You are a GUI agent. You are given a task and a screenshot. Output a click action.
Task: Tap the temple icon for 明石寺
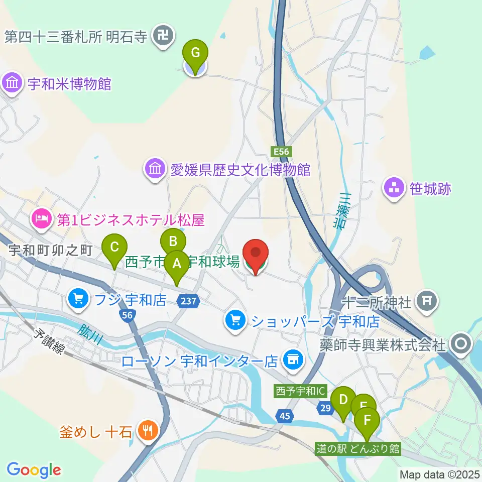(164, 36)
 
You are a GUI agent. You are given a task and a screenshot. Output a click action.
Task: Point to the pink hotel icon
(40, 218)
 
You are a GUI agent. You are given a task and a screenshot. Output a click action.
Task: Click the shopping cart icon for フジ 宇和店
(78, 300)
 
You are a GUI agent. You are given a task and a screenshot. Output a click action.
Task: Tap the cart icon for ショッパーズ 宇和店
(234, 320)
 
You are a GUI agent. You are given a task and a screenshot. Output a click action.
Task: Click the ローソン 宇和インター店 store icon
(292, 359)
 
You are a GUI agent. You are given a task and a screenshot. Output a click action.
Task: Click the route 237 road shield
(189, 301)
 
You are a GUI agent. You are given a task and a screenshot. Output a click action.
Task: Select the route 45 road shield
(285, 415)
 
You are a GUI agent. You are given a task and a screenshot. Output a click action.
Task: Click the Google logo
(34, 470)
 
